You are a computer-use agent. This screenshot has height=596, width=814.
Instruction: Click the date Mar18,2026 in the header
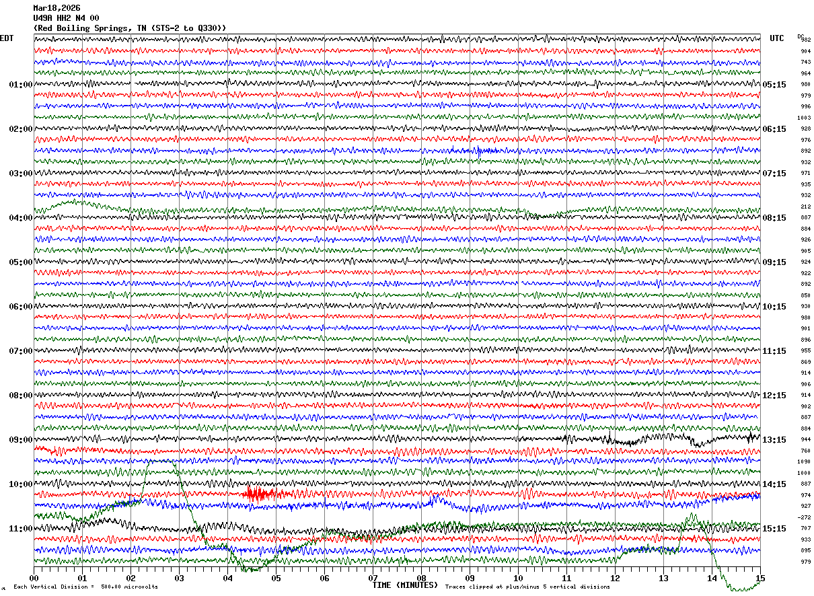pyautogui.click(x=57, y=8)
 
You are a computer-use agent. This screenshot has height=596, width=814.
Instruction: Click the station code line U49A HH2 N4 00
pyautogui.click(x=66, y=18)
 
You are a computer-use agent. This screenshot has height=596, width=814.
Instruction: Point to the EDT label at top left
pyautogui.click(x=6, y=38)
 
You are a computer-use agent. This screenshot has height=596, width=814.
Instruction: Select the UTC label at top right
pyautogui.click(x=777, y=38)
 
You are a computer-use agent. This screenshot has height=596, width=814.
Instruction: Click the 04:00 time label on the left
pyautogui.click(x=20, y=218)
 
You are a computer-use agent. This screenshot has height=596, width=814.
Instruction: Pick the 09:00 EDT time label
pyautogui.click(x=20, y=440)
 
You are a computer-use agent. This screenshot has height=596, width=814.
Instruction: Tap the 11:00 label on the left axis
pyautogui.click(x=20, y=529)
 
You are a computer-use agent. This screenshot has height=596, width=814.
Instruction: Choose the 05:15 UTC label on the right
pyautogui.click(x=774, y=85)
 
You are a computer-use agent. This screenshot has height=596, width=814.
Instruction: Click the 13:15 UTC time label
pyautogui.click(x=774, y=440)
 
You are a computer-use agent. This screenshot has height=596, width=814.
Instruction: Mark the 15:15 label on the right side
pyautogui.click(x=774, y=529)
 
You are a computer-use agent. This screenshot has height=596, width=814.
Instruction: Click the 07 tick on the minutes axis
pyautogui.click(x=373, y=578)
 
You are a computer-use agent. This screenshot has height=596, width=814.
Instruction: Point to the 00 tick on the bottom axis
pyautogui.click(x=34, y=578)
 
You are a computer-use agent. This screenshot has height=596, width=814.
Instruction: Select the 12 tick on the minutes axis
pyautogui.click(x=615, y=578)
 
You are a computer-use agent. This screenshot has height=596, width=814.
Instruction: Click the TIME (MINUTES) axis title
pyautogui.click(x=405, y=585)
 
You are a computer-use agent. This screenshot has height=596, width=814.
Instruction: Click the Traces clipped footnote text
pyautogui.click(x=527, y=587)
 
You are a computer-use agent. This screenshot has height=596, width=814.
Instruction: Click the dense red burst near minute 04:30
pyautogui.click(x=258, y=494)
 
